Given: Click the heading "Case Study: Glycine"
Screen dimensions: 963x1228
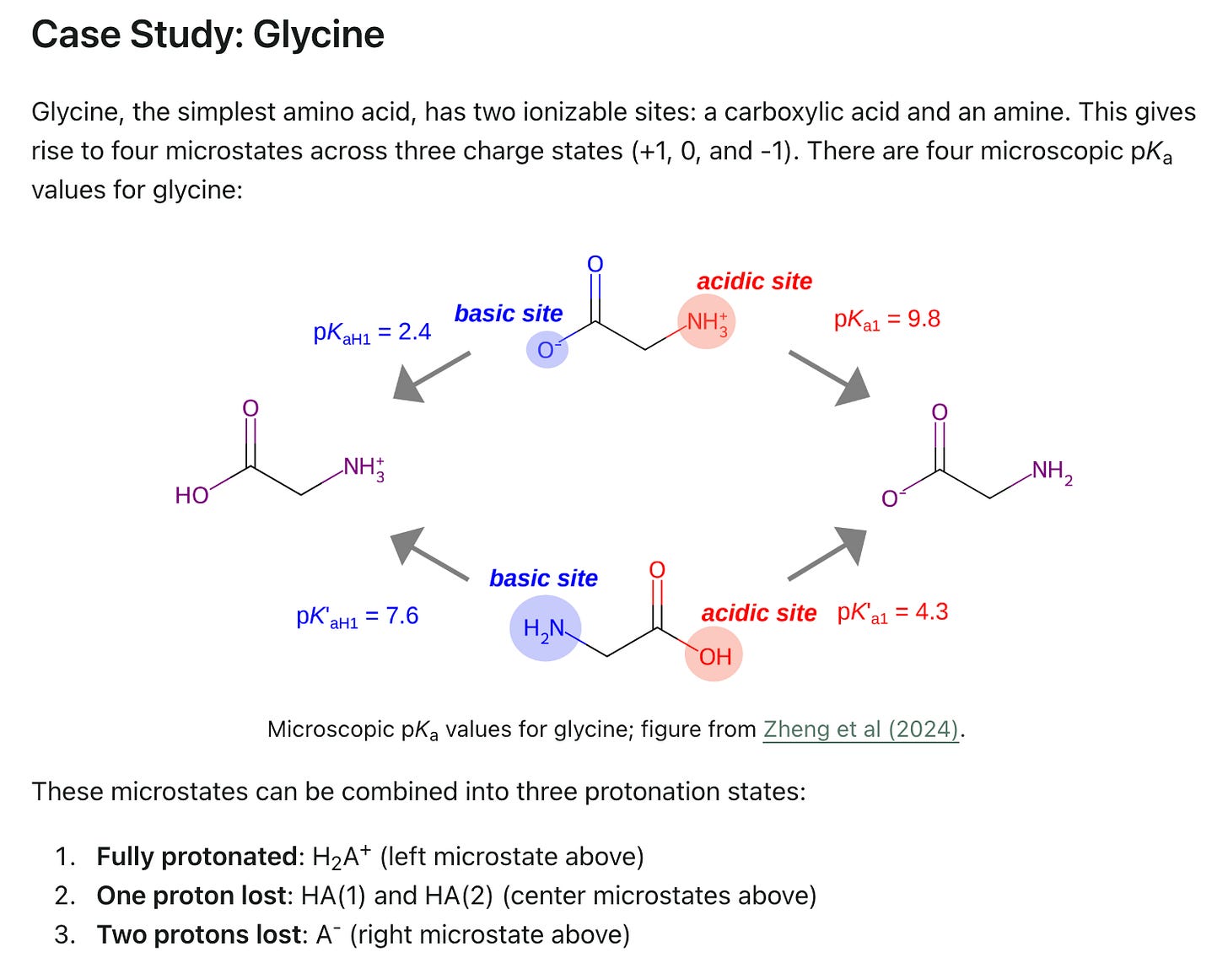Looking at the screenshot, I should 207,35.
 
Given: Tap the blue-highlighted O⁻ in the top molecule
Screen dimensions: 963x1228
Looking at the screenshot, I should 547,349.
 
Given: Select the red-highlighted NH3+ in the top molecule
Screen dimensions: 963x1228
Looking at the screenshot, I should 706,322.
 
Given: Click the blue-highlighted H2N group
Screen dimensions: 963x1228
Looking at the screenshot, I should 545,629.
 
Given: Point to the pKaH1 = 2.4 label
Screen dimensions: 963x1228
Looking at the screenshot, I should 372,332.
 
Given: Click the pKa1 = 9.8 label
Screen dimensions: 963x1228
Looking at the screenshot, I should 886,320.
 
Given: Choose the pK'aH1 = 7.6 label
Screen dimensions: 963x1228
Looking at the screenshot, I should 357,616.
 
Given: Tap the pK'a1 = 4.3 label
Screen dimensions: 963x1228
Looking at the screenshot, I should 892,612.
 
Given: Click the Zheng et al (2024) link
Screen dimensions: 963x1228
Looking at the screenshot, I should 861,729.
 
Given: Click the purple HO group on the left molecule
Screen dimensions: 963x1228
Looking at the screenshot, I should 191,495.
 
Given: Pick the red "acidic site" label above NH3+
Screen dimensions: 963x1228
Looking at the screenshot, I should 754,282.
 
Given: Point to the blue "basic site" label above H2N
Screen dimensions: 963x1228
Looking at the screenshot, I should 543,578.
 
